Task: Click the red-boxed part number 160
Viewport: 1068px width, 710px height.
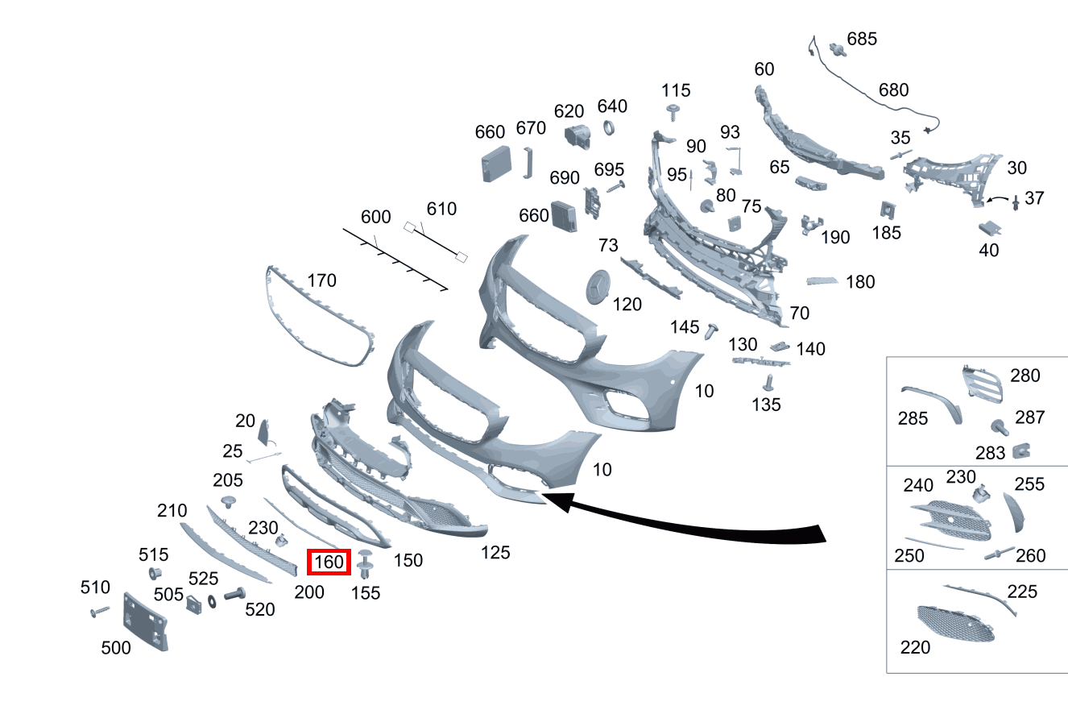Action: (x=329, y=562)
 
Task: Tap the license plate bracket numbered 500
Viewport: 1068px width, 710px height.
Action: (x=145, y=621)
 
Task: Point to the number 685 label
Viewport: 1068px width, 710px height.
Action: (x=862, y=39)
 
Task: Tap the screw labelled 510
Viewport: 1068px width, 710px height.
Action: (x=100, y=613)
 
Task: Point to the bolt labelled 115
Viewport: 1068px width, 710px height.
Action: (x=674, y=110)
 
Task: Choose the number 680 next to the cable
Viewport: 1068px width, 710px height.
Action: (x=893, y=90)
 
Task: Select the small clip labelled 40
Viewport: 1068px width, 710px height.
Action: (x=989, y=228)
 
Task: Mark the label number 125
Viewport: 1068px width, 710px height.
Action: (x=495, y=553)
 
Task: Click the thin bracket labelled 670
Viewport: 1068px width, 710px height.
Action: (x=528, y=161)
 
